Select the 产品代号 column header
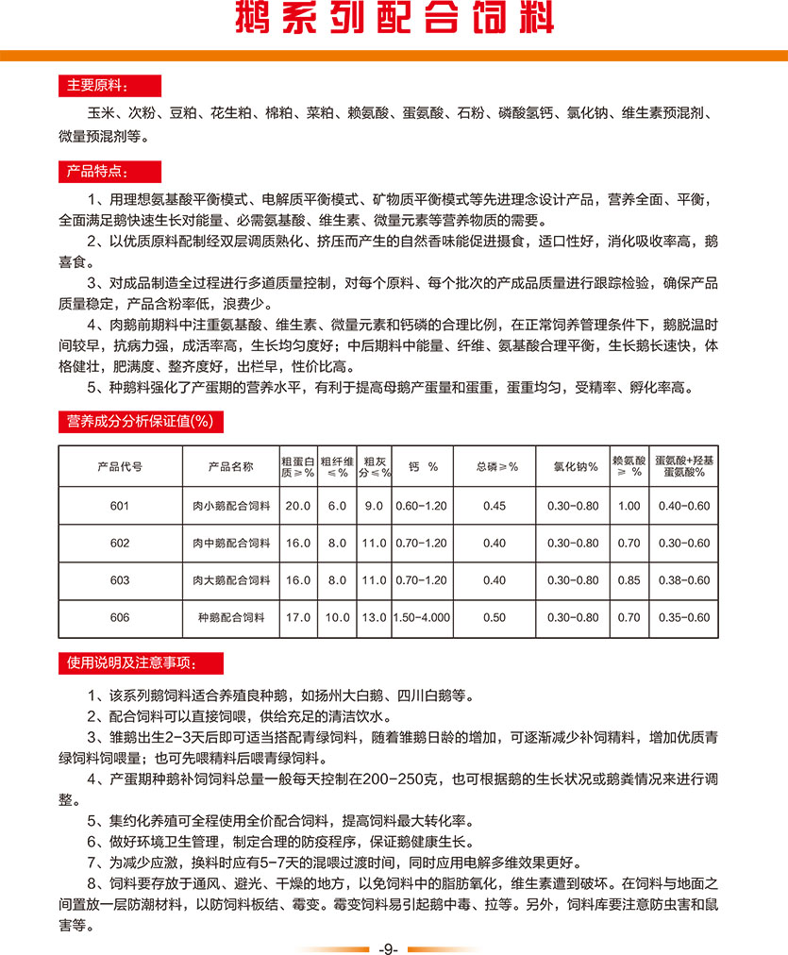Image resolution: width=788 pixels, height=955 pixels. point(120,465)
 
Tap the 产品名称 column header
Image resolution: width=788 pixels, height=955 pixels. point(231,465)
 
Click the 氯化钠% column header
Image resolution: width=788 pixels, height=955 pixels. point(575,465)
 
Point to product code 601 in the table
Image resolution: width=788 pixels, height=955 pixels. point(120,506)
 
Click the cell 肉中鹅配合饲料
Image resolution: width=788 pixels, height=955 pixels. point(231,543)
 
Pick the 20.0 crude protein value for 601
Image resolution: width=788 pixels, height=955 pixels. point(298,506)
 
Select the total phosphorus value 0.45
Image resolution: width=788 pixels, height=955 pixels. point(495,506)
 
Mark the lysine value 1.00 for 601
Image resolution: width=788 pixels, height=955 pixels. point(629,506)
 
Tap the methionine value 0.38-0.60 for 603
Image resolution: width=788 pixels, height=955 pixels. point(685,580)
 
